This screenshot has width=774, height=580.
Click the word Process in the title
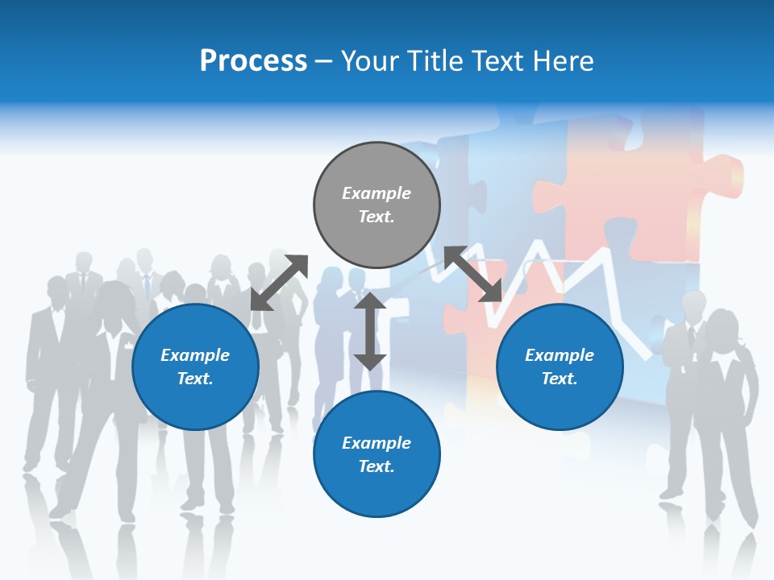253,61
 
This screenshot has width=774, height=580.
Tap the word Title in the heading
432,61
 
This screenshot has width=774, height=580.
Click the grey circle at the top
377,205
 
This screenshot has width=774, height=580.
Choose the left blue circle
195,367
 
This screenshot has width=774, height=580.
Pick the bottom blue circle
377,454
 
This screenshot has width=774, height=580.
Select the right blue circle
560,367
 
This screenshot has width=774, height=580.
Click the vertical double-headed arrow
370,331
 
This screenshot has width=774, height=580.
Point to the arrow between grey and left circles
279,283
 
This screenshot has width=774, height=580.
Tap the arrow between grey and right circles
473,274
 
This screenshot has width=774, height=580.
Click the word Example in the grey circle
377,193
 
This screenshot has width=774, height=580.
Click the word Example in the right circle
560,355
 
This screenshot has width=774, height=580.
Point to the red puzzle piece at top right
653,177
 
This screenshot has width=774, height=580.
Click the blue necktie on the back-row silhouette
147,287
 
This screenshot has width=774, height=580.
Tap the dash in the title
324,61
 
